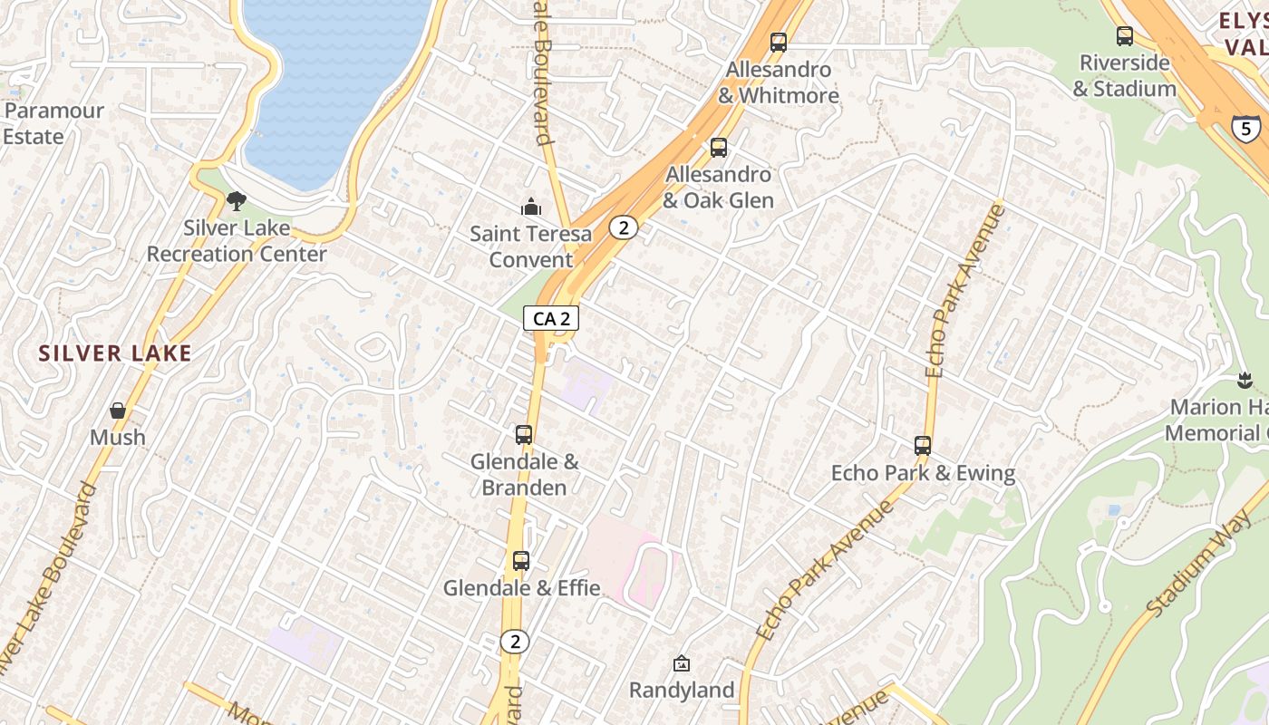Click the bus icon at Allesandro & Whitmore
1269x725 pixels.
778,42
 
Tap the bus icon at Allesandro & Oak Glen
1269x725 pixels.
719,147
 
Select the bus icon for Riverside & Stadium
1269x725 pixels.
1125,36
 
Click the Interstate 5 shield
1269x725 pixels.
1246,128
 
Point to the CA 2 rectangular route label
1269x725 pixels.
551,318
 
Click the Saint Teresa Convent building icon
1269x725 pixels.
531,208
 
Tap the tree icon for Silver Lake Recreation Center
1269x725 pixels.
237,201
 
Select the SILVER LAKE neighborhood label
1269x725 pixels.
115,353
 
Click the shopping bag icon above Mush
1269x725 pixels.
118,411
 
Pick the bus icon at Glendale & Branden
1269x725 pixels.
524,435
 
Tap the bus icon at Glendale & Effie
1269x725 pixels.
520,561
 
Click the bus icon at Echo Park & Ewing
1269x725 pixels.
923,446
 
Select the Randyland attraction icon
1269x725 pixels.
681,664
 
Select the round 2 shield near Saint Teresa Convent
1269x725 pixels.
622,227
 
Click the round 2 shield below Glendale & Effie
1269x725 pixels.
515,642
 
